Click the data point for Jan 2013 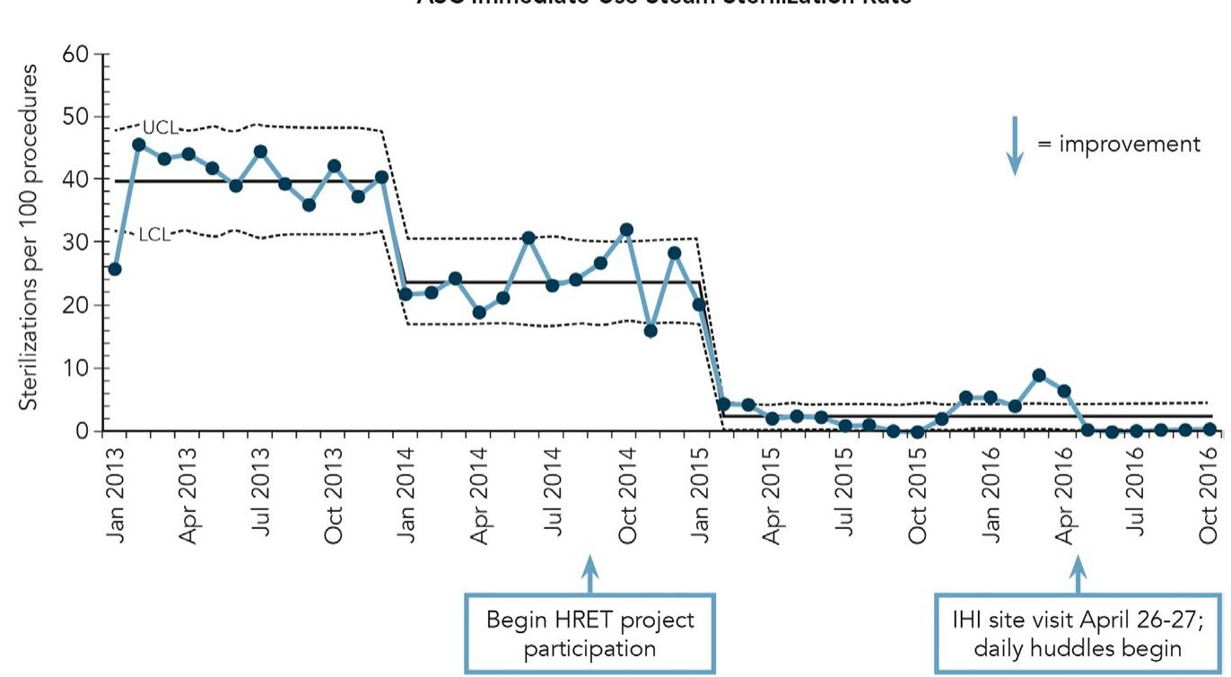[115, 268]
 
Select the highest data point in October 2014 [626, 230]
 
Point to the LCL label [153, 236]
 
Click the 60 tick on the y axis [81, 55]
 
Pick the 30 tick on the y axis [81, 243]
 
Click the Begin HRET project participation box [589, 633]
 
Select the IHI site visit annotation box [1078, 633]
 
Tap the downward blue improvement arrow [1015, 145]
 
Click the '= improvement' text [1119, 144]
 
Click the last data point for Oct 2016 [1209, 430]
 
